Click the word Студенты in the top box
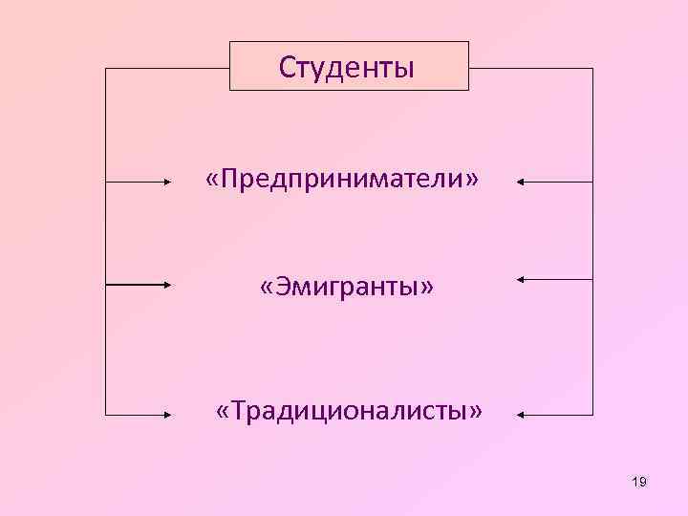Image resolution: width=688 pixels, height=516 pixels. coord(347,67)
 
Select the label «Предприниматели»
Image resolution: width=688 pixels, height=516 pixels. coord(342,179)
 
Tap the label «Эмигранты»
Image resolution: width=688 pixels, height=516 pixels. coord(347,286)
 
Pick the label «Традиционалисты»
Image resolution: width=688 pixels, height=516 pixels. coord(350,411)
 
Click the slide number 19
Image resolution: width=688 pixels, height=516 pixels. coord(639,482)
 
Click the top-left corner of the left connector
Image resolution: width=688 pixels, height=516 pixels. coord(105,69)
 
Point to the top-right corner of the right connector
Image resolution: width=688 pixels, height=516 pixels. coord(592,69)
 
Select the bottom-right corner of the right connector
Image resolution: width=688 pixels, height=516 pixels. coord(592,415)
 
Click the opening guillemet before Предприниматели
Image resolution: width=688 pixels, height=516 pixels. coord(211,180)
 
